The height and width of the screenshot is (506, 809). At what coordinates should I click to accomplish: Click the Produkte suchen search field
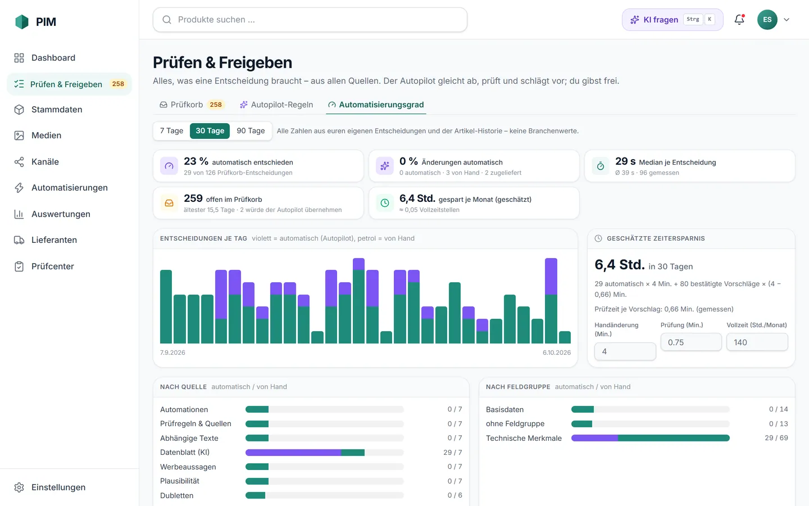(x=310, y=20)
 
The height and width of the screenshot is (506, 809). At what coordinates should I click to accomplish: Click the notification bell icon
(x=739, y=20)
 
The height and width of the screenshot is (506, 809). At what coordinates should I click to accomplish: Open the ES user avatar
(x=767, y=20)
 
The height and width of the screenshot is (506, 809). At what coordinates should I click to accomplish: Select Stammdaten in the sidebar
(x=57, y=110)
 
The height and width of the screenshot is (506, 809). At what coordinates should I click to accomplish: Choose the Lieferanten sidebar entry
(x=54, y=240)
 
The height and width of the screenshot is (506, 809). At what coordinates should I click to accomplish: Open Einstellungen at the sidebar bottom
(x=58, y=487)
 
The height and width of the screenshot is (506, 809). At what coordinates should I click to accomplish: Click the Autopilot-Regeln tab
(x=276, y=105)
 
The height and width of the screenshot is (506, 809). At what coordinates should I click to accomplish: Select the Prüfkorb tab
(x=192, y=105)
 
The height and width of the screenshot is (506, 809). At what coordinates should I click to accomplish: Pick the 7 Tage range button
(x=171, y=131)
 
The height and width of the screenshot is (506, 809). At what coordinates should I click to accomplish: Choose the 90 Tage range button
(x=251, y=131)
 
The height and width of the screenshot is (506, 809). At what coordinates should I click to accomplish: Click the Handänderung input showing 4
(x=625, y=351)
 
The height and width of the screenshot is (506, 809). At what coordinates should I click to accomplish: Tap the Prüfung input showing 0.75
(x=691, y=342)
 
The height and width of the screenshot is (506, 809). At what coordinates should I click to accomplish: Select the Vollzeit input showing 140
(x=757, y=342)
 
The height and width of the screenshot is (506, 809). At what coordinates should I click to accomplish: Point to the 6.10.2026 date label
(x=557, y=353)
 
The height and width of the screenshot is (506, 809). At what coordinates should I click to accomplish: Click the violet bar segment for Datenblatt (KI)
(x=293, y=453)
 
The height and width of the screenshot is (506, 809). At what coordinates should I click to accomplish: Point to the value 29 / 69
(x=776, y=438)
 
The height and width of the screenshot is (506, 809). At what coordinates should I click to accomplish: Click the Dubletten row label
(x=176, y=495)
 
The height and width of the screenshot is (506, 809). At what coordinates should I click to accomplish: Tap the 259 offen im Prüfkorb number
(x=193, y=198)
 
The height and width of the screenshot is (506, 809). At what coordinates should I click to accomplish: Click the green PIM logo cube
(x=22, y=22)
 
